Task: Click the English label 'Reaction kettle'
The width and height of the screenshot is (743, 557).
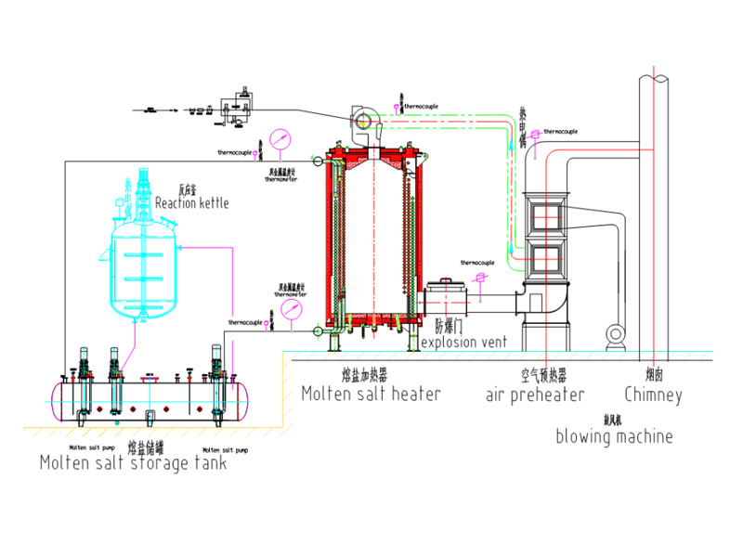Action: click(191, 202)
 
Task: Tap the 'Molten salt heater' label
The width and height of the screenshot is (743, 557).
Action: click(371, 394)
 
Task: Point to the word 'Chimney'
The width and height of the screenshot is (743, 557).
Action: click(653, 395)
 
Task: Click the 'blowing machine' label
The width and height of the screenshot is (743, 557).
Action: click(614, 435)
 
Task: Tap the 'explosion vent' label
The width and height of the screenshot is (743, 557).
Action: click(463, 343)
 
